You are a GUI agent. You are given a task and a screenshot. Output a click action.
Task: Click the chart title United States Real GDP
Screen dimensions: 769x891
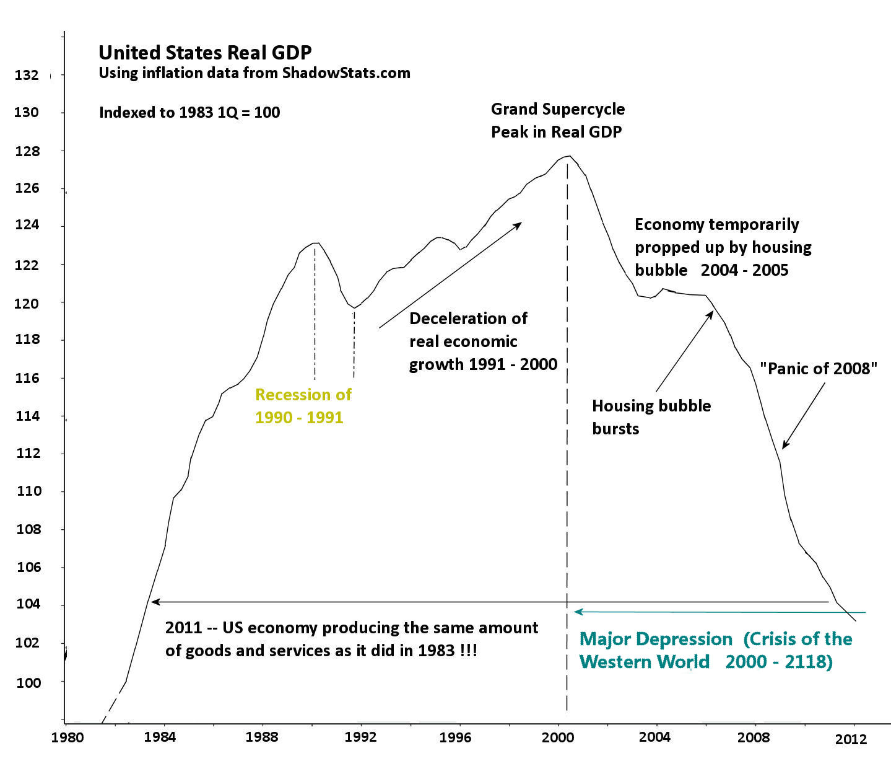[x=205, y=53]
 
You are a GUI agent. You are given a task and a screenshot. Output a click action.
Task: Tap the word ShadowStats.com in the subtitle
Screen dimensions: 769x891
[x=346, y=73]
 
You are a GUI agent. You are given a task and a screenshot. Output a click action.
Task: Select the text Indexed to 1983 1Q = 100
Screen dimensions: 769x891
[x=189, y=113]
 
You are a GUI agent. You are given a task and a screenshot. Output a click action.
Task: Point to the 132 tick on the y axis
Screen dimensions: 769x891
[x=27, y=76]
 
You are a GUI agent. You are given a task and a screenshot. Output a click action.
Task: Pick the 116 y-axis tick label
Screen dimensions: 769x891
[x=27, y=378]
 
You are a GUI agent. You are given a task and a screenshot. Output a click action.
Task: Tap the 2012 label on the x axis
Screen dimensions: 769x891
[x=851, y=739]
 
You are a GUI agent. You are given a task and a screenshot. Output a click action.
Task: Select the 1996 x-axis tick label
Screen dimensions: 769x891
[x=455, y=737]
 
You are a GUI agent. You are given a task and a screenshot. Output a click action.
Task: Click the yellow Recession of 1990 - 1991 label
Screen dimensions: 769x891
[x=303, y=406]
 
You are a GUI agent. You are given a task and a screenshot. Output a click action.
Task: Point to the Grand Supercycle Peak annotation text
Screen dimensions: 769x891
[x=557, y=120]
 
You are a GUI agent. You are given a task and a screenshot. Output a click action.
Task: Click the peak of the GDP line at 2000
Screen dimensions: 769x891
[x=568, y=156]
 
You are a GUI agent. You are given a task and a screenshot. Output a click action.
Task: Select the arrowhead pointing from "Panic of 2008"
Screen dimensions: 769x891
[x=785, y=445]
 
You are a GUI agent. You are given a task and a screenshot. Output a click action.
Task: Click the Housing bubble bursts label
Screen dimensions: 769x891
[x=651, y=417]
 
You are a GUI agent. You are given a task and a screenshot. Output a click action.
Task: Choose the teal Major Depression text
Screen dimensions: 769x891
[x=656, y=639]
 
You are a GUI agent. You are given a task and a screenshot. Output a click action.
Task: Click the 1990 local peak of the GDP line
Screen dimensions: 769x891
[x=316, y=243]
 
